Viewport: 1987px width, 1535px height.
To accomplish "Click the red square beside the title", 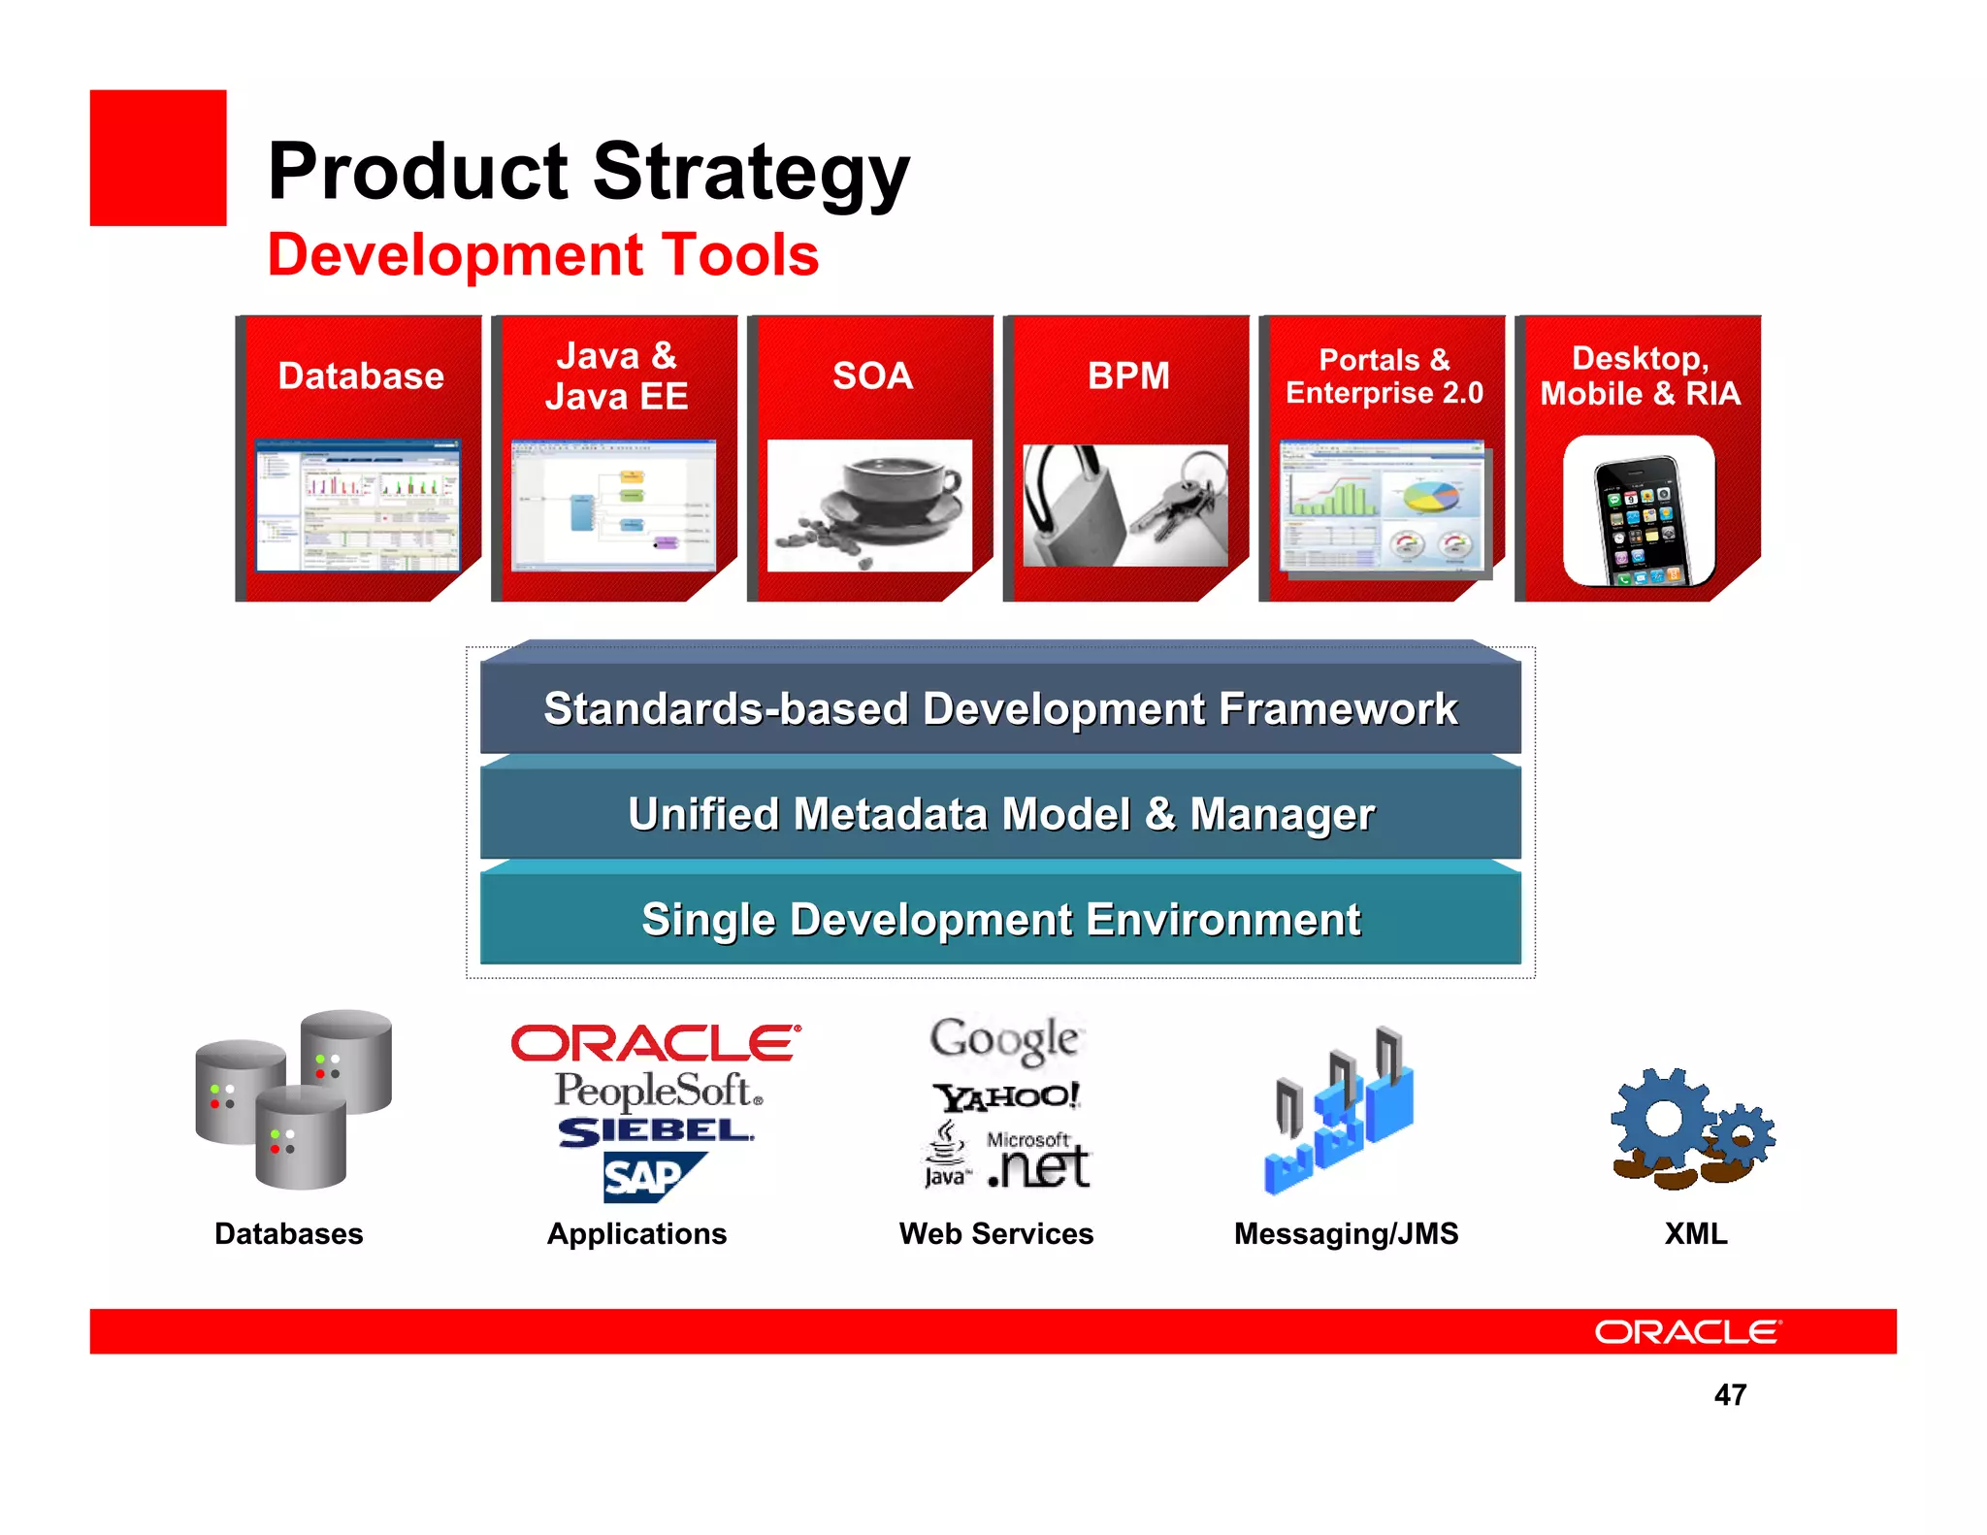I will [157, 158].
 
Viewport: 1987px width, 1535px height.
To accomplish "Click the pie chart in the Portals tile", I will [1431, 496].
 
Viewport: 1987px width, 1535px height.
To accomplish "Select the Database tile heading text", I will [361, 376].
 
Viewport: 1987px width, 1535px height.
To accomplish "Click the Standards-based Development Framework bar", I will [999, 708].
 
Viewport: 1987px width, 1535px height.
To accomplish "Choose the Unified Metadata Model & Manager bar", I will [999, 814].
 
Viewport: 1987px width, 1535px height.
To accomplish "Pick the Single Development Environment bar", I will [999, 920].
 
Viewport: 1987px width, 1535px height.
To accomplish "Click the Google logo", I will [1004, 1039].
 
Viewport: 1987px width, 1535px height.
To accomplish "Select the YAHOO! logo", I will [1005, 1096].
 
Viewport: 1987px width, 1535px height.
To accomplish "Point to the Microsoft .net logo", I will [1038, 1161].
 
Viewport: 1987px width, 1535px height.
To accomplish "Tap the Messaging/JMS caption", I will [1346, 1233].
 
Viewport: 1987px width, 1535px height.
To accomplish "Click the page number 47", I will [1730, 1394].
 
